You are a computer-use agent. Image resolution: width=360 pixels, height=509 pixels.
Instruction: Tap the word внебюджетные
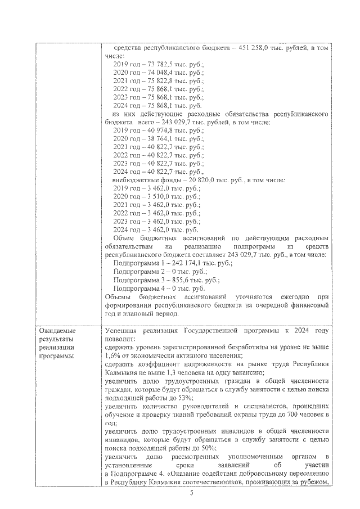(133, 180)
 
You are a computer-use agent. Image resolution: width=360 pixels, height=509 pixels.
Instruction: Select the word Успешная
(122, 331)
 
